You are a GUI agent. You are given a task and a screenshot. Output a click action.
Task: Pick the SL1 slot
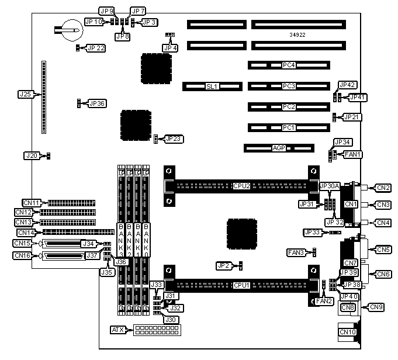tap(212, 86)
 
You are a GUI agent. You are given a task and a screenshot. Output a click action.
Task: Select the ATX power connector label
tap(117, 330)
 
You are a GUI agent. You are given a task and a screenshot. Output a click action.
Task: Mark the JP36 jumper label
tap(96, 103)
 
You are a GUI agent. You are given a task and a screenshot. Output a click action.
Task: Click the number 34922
tap(297, 35)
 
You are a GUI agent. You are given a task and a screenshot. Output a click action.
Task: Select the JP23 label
tap(174, 139)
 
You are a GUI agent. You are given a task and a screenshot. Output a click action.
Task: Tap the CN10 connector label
tap(348, 332)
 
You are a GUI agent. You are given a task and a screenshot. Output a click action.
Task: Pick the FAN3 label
tap(295, 252)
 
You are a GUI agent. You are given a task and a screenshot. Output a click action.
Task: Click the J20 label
tap(31, 155)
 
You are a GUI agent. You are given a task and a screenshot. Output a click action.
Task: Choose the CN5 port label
tap(383, 250)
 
